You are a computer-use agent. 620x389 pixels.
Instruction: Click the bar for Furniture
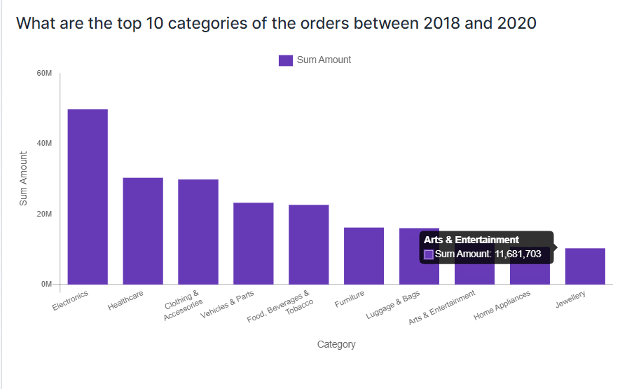pos(364,256)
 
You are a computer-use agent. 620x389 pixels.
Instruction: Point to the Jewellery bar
pos(585,266)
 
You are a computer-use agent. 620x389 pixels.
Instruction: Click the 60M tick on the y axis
pos(44,74)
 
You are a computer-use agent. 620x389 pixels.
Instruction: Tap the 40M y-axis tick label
pos(44,144)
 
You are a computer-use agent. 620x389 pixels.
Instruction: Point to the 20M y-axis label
pos(44,214)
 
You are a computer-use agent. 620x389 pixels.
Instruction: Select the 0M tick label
pos(46,285)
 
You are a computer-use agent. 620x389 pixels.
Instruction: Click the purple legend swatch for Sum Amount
pos(286,60)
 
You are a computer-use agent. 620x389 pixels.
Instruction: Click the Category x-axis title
pos(336,344)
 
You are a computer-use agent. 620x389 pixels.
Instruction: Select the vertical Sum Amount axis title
pos(23,179)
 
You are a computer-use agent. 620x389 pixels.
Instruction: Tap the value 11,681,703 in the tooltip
pos(518,254)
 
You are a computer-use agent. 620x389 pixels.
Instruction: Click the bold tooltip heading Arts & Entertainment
pos(471,240)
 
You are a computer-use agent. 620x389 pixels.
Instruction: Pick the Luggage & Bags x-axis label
pos(394,306)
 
